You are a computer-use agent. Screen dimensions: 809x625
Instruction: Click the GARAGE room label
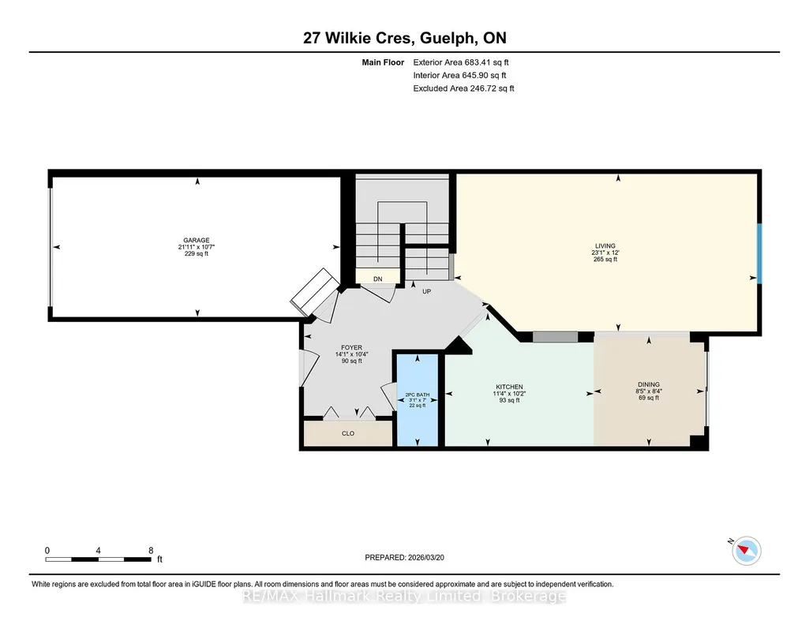(196, 241)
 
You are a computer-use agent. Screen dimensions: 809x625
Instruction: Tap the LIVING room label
(605, 246)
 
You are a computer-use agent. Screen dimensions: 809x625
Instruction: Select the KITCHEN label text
(509, 387)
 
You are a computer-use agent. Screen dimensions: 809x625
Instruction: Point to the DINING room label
(649, 384)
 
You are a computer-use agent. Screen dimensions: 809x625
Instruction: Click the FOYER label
(351, 347)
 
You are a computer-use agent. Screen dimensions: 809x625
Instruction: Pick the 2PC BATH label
(418, 395)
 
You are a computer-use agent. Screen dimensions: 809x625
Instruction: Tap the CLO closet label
(348, 433)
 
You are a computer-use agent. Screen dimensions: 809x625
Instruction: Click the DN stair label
(378, 279)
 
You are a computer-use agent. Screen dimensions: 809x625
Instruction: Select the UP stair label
(427, 291)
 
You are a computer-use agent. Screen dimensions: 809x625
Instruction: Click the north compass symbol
(746, 550)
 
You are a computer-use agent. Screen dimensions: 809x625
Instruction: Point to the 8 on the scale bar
(151, 550)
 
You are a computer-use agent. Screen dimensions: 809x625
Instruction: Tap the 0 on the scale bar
(47, 550)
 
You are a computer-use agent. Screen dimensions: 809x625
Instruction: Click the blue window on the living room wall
(759, 253)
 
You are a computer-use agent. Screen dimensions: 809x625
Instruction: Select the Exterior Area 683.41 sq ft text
(461, 62)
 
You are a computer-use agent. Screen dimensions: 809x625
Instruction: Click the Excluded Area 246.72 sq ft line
(463, 88)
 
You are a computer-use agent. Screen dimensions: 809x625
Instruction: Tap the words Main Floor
(383, 62)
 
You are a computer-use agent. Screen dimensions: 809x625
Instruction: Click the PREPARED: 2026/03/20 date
(404, 557)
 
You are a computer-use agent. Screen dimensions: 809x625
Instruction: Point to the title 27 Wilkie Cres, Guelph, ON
(404, 38)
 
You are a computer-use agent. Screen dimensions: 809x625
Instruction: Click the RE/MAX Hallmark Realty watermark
(404, 596)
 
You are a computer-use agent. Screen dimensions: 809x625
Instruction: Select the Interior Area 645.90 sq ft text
(459, 75)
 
